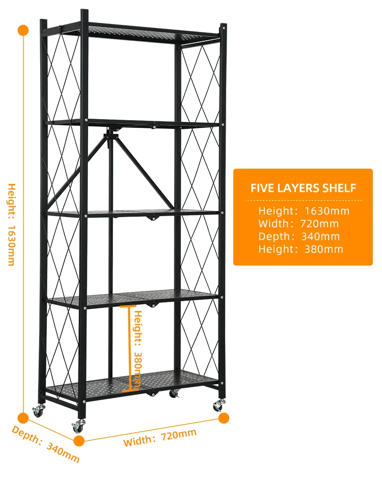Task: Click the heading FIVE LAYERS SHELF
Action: click(x=303, y=188)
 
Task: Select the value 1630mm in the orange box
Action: click(x=327, y=210)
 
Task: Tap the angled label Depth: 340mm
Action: click(x=46, y=444)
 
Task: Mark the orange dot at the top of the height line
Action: click(x=23, y=30)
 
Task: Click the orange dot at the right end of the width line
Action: click(x=224, y=418)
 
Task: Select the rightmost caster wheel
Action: click(x=219, y=406)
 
